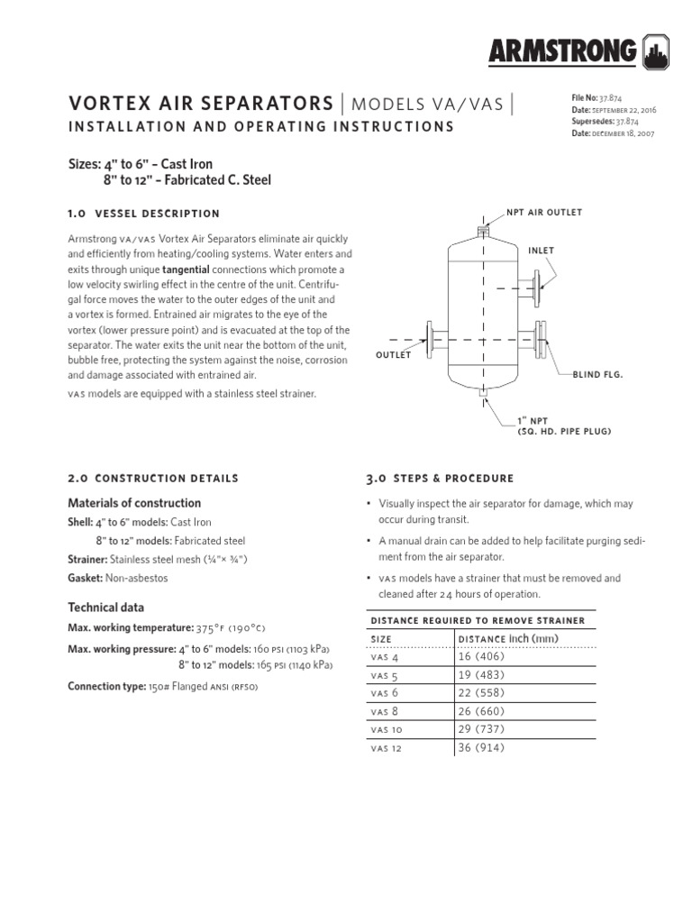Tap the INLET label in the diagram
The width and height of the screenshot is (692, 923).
coord(542,251)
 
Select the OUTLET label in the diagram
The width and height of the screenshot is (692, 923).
coord(393,354)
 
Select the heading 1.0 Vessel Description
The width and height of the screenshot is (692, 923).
coord(144,214)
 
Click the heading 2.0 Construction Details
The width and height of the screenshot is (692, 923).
coord(154,478)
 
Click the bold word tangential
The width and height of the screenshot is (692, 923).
coord(186,270)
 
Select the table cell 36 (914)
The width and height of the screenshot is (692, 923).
coord(482,748)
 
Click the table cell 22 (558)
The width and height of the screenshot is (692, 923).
coord(482,692)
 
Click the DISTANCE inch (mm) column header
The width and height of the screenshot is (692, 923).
coord(508,638)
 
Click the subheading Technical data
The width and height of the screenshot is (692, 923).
coord(106,608)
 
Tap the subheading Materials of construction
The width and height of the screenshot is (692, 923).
coord(134,503)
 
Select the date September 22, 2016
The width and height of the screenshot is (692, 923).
coord(624,109)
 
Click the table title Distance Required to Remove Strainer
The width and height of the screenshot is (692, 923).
coord(478,620)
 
